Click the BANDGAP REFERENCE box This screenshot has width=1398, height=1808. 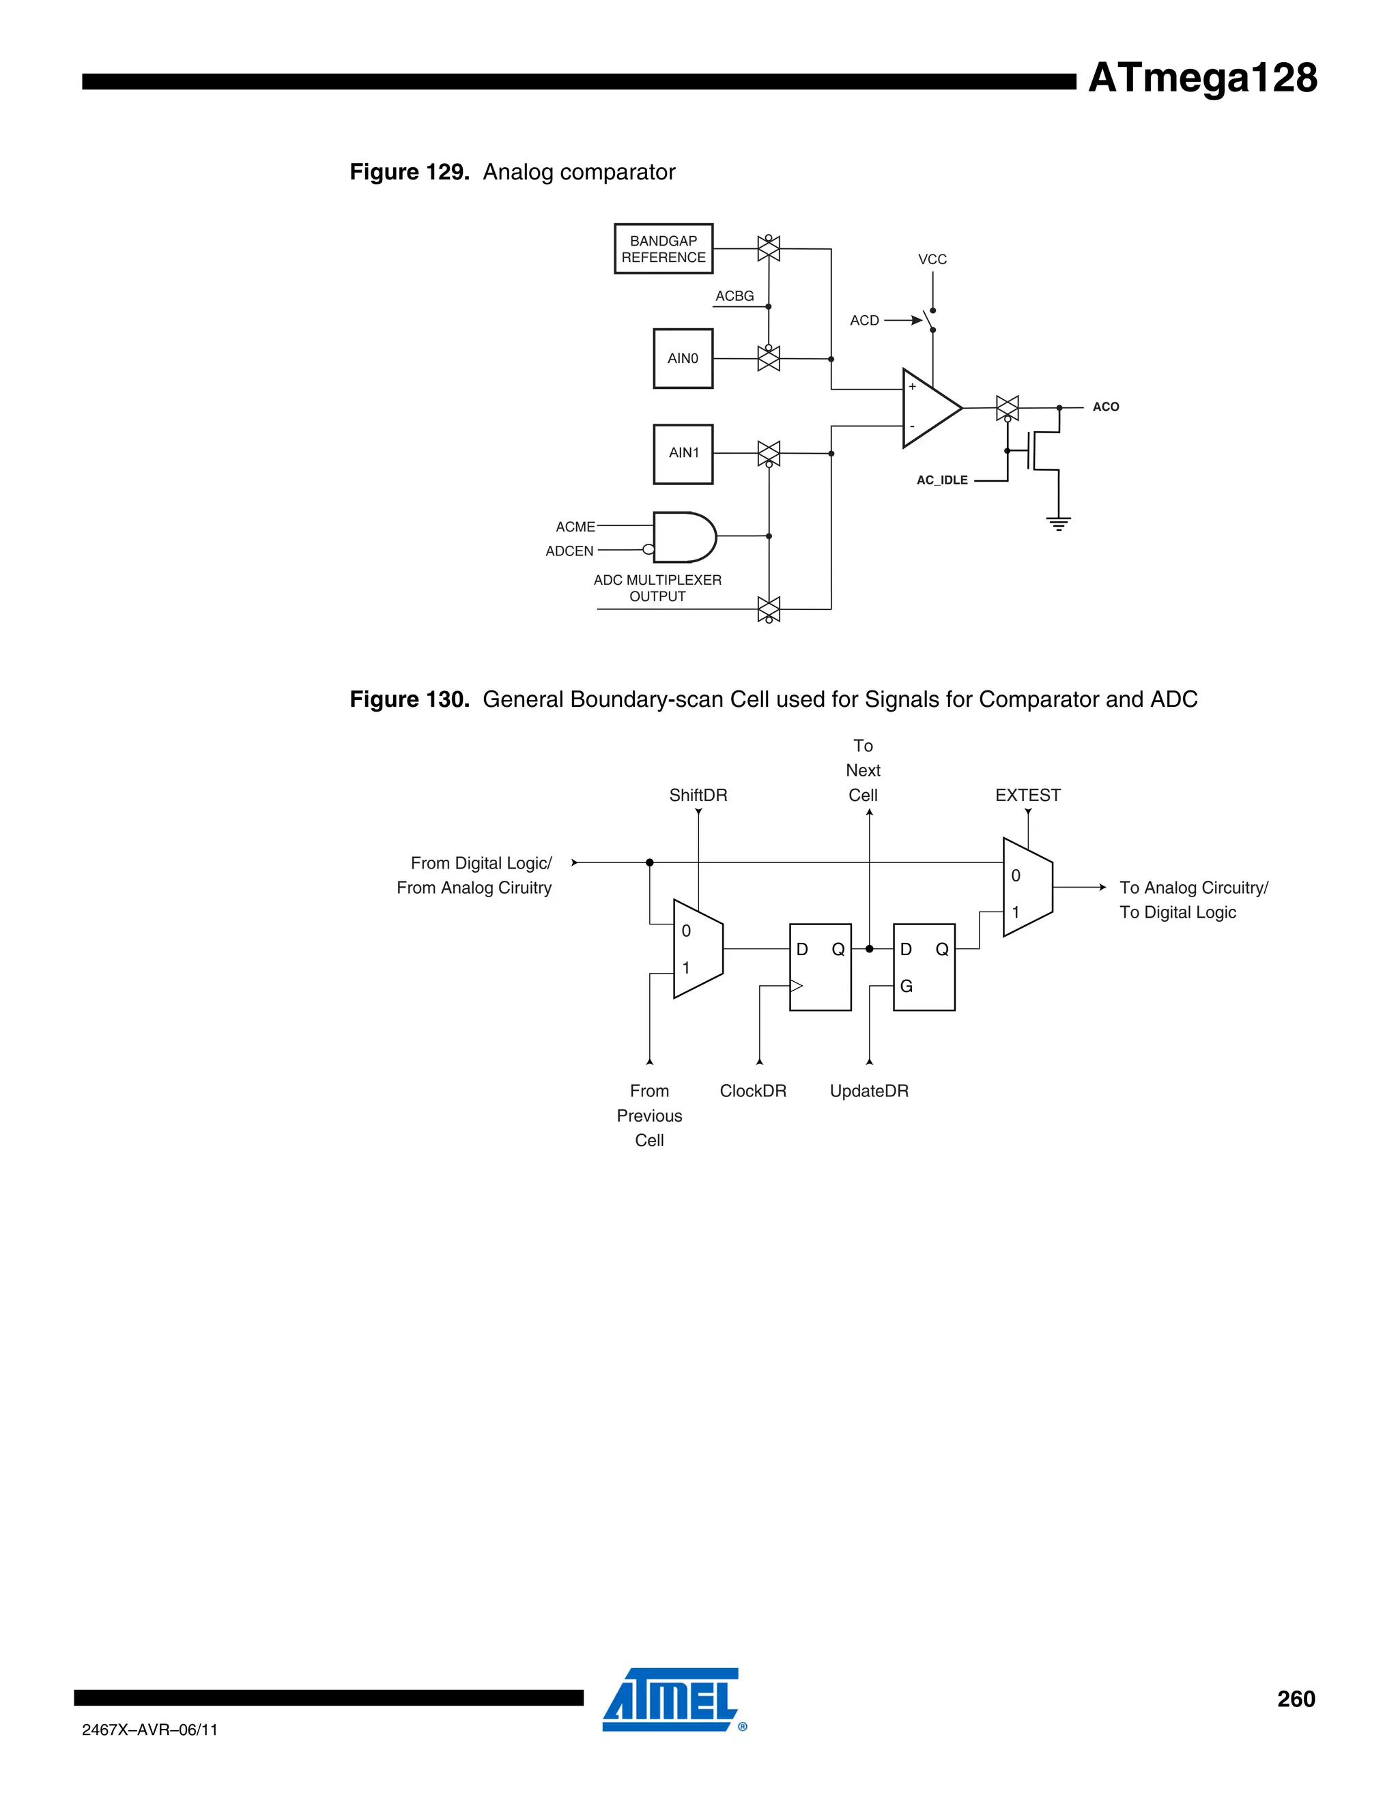tap(664, 248)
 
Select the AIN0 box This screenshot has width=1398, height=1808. tap(683, 358)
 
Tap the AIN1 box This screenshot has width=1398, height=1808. tap(683, 454)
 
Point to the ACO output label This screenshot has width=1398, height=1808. tap(1105, 407)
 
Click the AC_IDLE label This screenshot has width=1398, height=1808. tap(941, 480)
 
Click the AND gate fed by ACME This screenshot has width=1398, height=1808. tap(683, 536)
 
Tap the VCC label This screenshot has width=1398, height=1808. tap(932, 259)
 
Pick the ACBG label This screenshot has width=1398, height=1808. tap(734, 295)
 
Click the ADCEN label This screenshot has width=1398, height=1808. tap(569, 551)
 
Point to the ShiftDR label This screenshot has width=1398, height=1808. tap(698, 795)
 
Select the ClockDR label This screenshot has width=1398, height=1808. tap(752, 1091)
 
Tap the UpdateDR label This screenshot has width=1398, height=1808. tap(869, 1091)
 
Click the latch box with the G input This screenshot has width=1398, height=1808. tap(924, 967)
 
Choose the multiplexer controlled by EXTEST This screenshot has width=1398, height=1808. tap(1027, 888)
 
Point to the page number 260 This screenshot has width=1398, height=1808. tap(1296, 1699)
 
